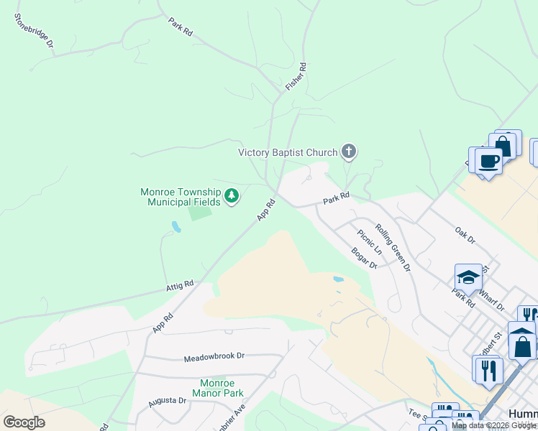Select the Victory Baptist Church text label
coord(288,152)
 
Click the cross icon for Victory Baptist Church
coord(349,152)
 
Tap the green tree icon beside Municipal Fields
coord(232,195)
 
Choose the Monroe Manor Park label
coord(218,388)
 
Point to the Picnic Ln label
coord(370,241)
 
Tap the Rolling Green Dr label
coord(393,247)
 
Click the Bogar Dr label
coord(365,258)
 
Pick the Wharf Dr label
coord(492,300)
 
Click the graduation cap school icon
coord(468,277)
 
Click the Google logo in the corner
coord(24,422)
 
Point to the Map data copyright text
coord(493,425)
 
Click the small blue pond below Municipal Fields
coord(175,228)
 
